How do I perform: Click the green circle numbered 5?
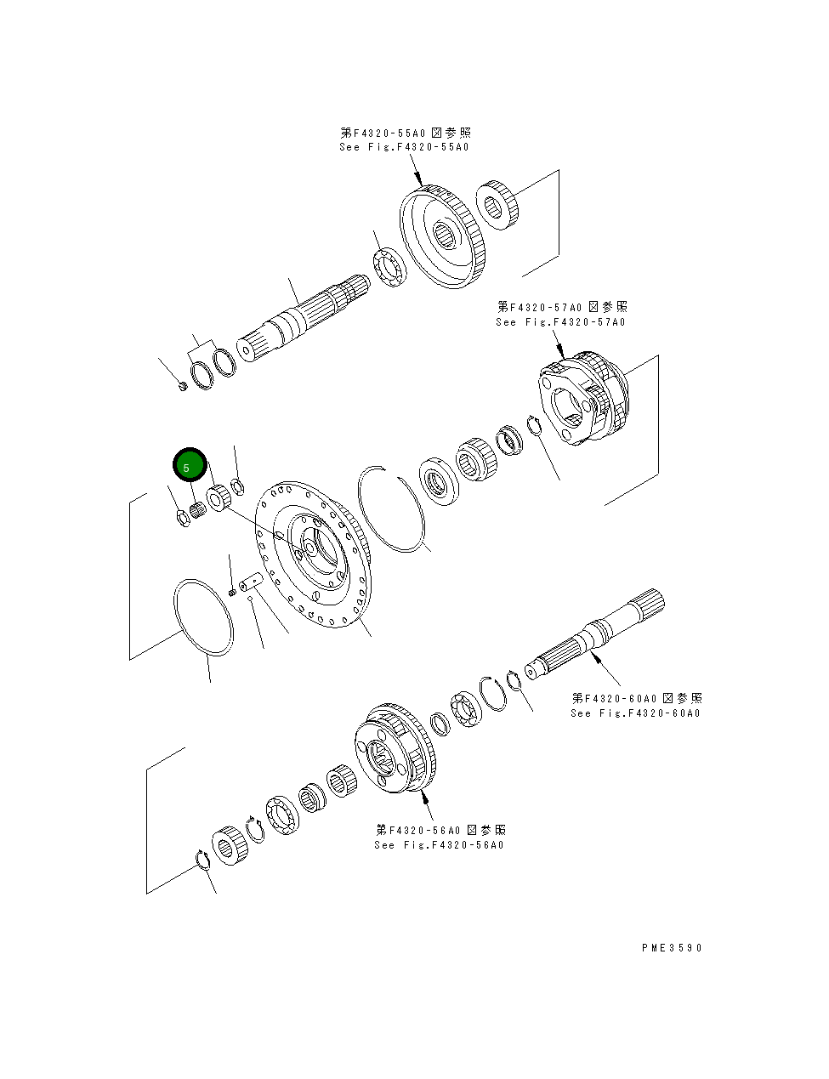tap(190, 466)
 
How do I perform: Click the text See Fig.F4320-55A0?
tap(404, 147)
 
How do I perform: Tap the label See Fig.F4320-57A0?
tap(560, 322)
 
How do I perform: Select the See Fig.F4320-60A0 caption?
tap(635, 713)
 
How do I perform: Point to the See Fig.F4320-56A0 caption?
tap(439, 844)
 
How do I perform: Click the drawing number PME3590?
tap(672, 948)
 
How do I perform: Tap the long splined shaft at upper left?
tap(306, 319)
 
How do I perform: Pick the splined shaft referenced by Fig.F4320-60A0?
tap(595, 633)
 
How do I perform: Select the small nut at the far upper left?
tap(182, 387)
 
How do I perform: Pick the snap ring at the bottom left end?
tap(203, 860)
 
